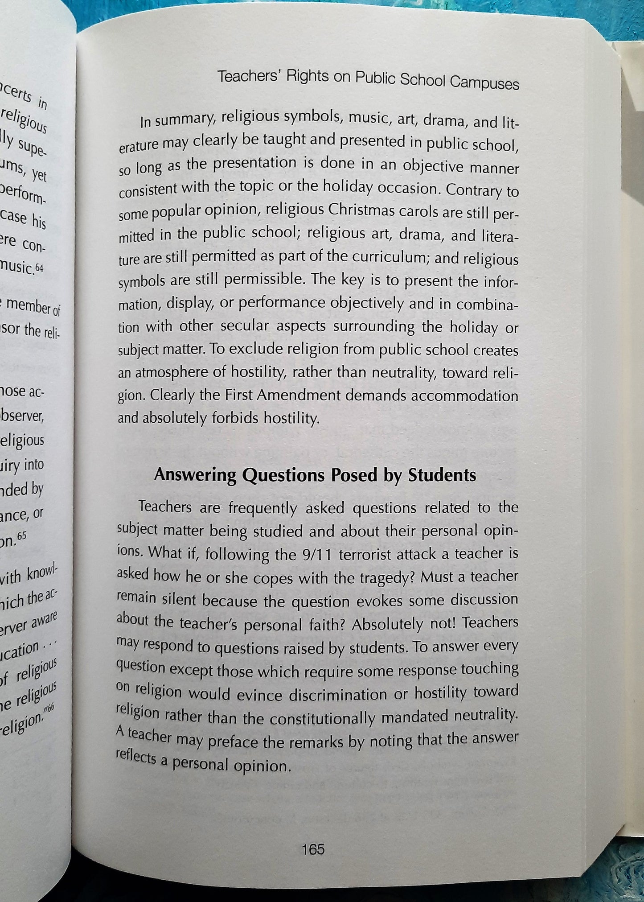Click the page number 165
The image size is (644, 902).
point(313,849)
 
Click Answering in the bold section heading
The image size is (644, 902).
point(195,475)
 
